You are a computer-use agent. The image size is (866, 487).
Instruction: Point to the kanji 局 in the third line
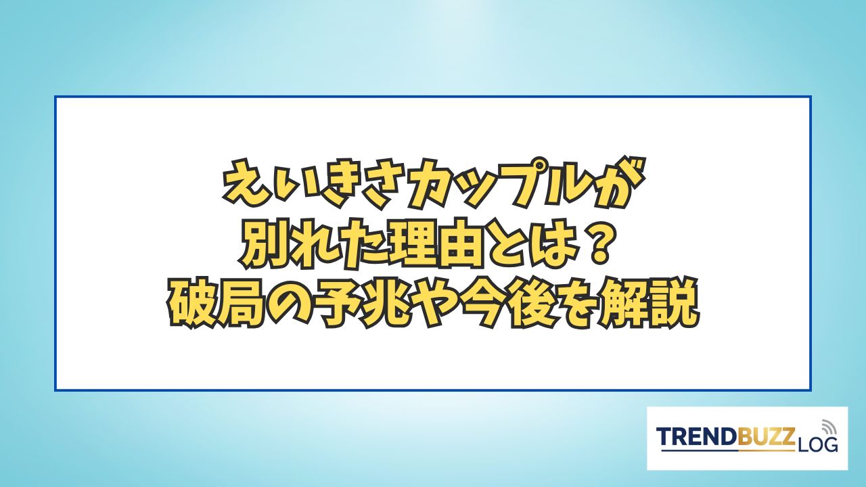point(243,304)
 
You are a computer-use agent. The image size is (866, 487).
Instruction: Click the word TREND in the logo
point(697,438)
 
